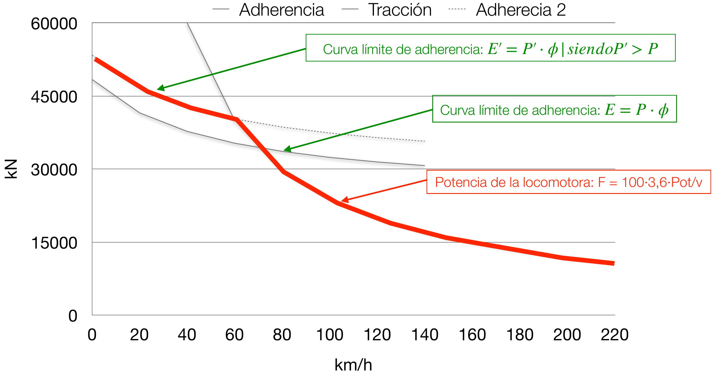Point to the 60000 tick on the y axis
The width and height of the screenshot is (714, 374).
coord(54,24)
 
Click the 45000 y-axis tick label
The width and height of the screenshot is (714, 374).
coord(54,97)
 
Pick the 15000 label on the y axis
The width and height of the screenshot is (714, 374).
coord(54,243)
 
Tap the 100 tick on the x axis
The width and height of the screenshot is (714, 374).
coord(329,335)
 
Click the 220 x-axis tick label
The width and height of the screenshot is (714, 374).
coord(615,335)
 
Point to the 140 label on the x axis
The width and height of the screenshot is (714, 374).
coord(425,335)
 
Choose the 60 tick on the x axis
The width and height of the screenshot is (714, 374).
coord(234,335)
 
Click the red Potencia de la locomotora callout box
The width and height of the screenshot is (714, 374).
coord(569,182)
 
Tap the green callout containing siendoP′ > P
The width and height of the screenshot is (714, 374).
coord(490,48)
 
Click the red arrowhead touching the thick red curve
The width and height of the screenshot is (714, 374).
coord(344,200)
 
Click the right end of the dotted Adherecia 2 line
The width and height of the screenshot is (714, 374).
coord(425,141)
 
